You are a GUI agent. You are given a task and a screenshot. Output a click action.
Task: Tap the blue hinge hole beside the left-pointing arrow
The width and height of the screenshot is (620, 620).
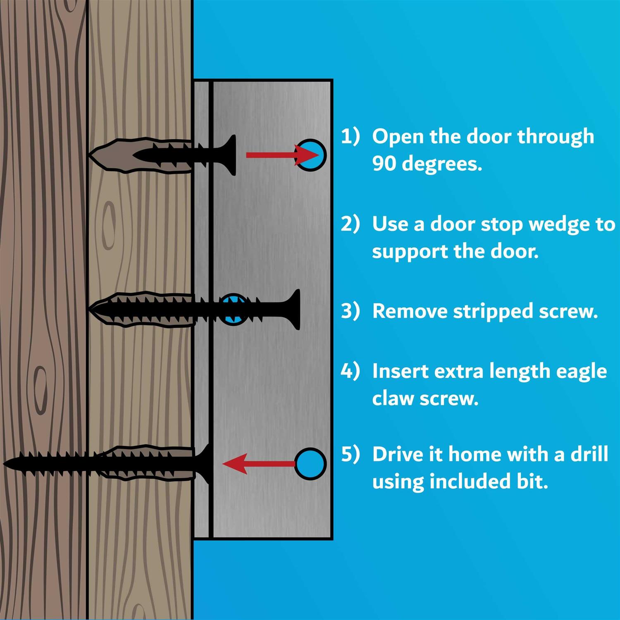(311, 463)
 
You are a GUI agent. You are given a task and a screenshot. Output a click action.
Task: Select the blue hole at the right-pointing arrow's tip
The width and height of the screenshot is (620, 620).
(312, 155)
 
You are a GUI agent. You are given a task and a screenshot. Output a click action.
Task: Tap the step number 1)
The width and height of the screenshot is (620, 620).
(350, 136)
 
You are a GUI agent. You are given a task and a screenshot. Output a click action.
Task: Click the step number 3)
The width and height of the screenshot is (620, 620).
(350, 311)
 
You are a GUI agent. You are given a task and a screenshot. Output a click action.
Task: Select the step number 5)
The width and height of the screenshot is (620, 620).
(350, 454)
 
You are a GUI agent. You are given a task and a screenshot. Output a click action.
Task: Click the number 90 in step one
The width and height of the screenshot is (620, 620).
(384, 164)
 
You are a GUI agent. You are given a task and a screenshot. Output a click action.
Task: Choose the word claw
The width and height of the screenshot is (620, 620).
(393, 398)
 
